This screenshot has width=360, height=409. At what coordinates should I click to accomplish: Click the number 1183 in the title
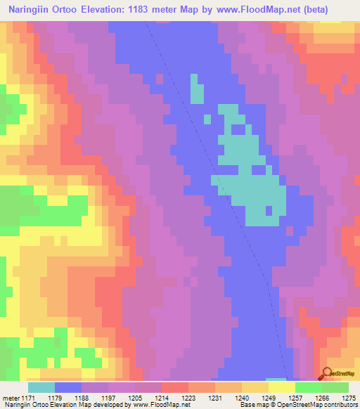[155, 11]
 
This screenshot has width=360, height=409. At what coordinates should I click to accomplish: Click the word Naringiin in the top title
[33, 11]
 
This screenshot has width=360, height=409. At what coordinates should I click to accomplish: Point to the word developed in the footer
[110, 404]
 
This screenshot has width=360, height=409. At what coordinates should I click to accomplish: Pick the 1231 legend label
[214, 398]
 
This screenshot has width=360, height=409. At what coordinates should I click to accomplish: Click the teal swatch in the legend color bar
[41, 387]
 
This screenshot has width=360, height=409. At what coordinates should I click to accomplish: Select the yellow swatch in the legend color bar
[282, 387]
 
